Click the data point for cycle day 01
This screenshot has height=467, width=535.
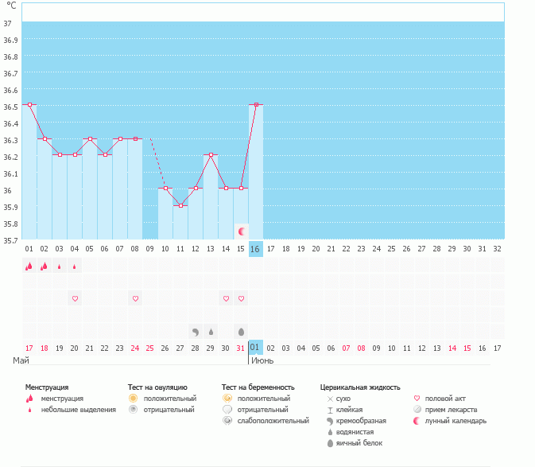(29, 104)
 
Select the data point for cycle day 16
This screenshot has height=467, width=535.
(256, 104)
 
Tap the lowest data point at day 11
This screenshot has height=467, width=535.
(180, 205)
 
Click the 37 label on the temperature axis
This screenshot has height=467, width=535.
(7, 23)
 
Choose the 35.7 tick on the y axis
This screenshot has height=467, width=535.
(10, 240)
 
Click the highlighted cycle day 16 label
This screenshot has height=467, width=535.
(255, 249)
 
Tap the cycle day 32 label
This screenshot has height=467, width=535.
(497, 249)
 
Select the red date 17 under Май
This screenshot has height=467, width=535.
(29, 348)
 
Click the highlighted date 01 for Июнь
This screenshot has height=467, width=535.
(255, 348)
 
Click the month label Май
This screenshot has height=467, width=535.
(21, 360)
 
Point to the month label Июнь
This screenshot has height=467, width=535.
(263, 360)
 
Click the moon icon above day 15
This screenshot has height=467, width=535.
(241, 231)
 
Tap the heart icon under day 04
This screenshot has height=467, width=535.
(75, 298)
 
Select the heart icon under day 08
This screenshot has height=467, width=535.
(135, 298)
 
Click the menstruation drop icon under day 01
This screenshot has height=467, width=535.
(29, 267)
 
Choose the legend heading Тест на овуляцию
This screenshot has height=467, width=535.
(157, 387)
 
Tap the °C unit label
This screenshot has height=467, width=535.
(11, 6)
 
